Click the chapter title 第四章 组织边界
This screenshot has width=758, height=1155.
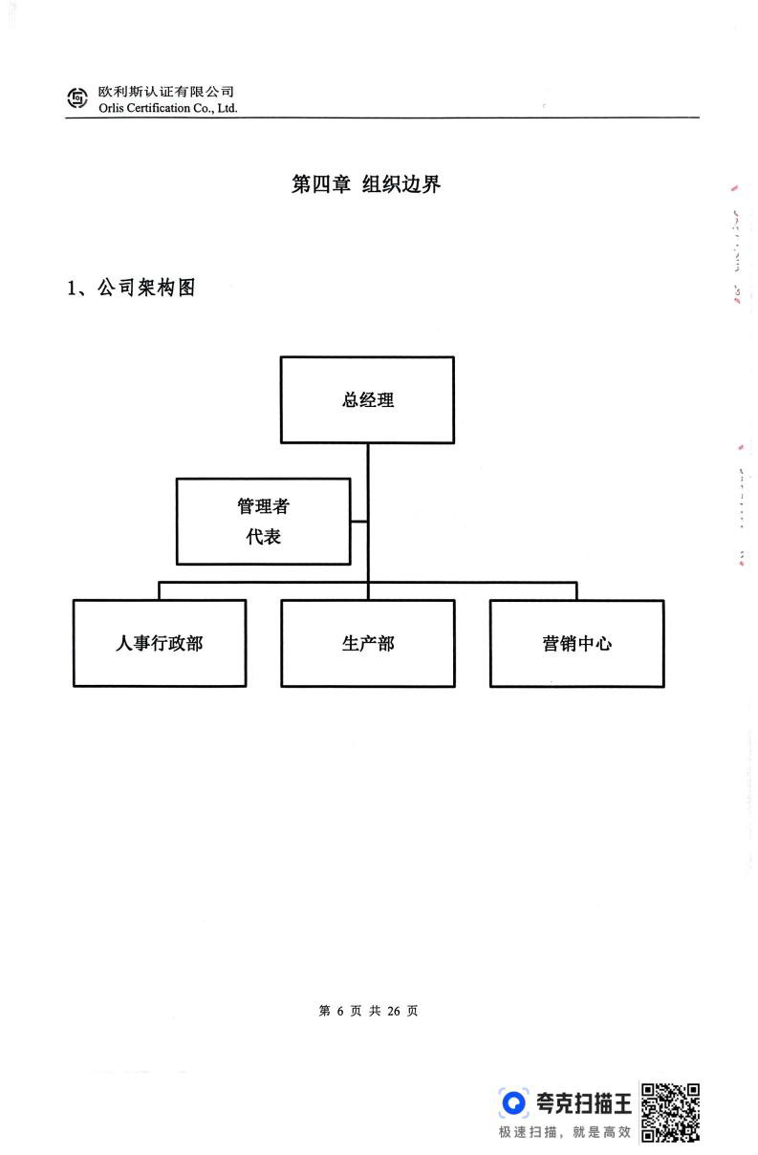point(366,184)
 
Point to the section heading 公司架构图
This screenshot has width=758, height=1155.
point(146,288)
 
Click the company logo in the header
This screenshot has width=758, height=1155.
point(77,98)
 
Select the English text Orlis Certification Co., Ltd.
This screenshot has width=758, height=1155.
point(167,108)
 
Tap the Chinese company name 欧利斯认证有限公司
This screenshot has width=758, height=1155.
point(166,92)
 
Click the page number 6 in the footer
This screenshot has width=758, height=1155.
point(340,1011)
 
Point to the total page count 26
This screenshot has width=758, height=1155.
point(394,1011)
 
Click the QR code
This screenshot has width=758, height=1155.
point(670,1112)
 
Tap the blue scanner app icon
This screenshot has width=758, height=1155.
point(513,1102)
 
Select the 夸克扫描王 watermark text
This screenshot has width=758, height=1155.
point(584,1102)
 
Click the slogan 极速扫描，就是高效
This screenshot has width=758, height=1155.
point(565,1132)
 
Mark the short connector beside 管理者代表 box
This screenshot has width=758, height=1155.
point(358,522)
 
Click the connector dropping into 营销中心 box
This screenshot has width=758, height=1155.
point(576,591)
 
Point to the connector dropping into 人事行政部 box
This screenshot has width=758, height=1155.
point(159,591)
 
